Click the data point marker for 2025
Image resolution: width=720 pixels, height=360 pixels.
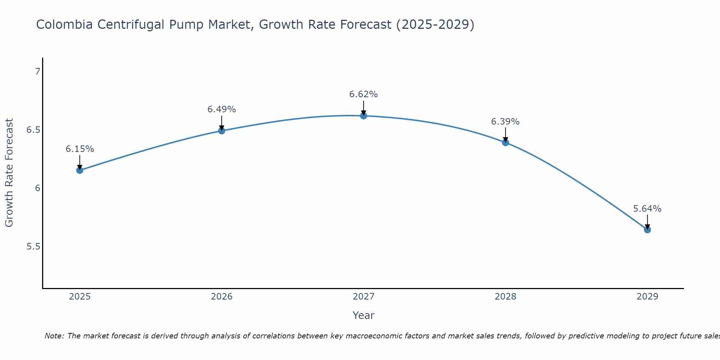(80, 170)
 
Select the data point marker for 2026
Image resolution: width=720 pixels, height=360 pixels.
(222, 131)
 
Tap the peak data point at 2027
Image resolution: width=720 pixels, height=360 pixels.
(364, 116)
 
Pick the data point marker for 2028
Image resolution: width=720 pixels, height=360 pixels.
(505, 143)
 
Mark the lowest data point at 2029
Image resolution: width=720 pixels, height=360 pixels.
(647, 230)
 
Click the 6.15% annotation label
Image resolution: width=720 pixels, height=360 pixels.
(80, 149)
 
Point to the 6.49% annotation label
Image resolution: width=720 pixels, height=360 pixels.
(222, 109)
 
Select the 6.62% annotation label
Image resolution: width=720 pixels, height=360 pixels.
(364, 94)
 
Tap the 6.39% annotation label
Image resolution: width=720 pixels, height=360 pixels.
(505, 122)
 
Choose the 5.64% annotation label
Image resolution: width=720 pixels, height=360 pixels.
(647, 209)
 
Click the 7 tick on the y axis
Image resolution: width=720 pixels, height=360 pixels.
(37, 72)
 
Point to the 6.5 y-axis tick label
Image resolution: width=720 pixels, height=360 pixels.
(33, 130)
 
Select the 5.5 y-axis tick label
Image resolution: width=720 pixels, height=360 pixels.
(33, 247)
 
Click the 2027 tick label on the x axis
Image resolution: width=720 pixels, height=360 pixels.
(364, 297)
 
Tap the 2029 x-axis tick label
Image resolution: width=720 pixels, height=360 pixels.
(647, 297)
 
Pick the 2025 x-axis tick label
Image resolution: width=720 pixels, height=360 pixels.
(80, 297)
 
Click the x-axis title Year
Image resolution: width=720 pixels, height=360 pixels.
(364, 315)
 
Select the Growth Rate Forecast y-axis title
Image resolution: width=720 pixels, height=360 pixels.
(9, 173)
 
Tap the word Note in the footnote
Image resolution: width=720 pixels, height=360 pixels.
(54, 336)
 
